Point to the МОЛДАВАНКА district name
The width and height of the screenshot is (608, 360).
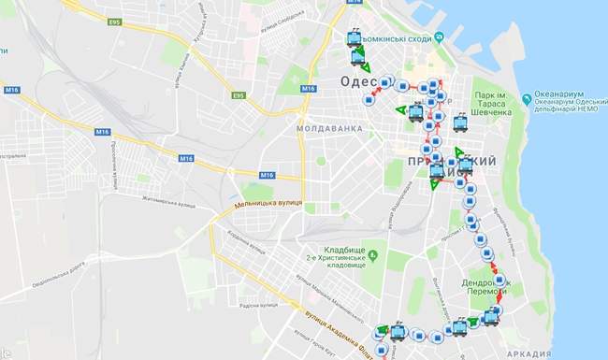click(x=328, y=126)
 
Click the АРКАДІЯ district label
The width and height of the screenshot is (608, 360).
click(x=528, y=354)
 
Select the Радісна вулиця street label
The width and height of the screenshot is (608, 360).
click(x=259, y=304)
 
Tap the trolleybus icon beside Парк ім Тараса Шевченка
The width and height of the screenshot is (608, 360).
click(x=459, y=122)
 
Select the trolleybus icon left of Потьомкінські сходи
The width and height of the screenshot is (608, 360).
click(x=354, y=39)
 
